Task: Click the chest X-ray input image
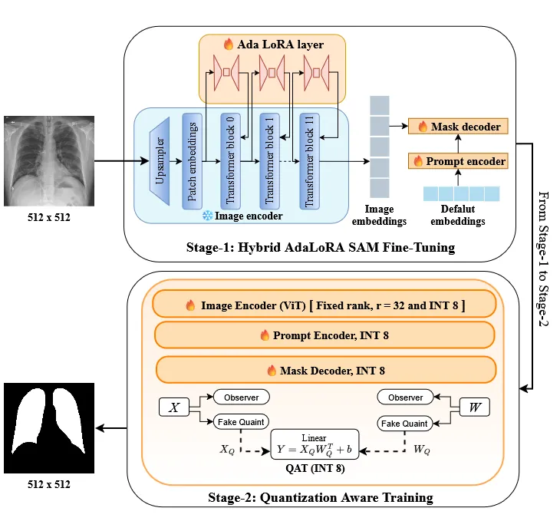coord(48,160)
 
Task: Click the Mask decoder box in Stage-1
coord(458,127)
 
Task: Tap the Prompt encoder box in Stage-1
coord(460,161)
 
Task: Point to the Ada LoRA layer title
coord(273,45)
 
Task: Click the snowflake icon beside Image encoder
coord(206,216)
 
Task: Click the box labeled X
coord(173,407)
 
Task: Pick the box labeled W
coord(473,407)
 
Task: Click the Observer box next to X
coord(242,397)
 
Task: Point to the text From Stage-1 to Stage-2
coord(544,259)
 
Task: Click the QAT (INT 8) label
coord(314,467)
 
